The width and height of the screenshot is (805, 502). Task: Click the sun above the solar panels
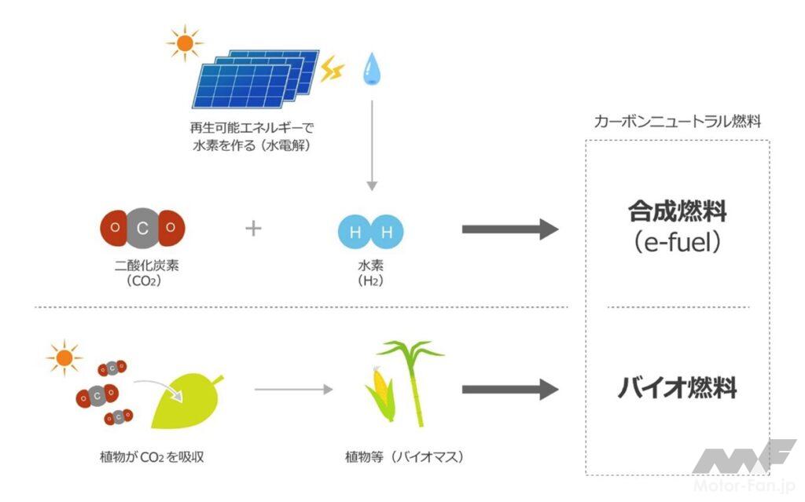(x=185, y=43)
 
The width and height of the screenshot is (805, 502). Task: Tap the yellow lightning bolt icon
(x=333, y=69)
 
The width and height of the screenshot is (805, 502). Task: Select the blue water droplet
(x=372, y=69)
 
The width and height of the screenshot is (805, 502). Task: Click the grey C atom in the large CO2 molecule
(x=143, y=228)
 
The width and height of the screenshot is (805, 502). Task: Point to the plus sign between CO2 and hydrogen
(x=253, y=229)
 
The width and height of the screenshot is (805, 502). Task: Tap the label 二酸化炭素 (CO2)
(x=145, y=273)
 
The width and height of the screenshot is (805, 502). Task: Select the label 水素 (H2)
(x=371, y=273)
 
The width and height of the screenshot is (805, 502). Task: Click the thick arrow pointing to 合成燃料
(x=510, y=229)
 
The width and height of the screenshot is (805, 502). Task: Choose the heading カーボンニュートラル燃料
(x=677, y=122)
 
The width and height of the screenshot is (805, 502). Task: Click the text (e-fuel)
(x=677, y=242)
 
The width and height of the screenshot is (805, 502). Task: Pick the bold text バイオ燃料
(x=677, y=387)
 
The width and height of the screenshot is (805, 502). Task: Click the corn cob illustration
(x=380, y=394)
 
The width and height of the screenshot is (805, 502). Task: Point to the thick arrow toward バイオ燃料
(x=510, y=390)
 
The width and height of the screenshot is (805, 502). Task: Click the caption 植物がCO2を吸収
(x=152, y=457)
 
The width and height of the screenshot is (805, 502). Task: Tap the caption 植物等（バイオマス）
(x=405, y=456)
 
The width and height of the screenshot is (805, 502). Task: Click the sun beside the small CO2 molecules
(x=64, y=357)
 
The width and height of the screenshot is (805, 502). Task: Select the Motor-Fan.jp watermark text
(x=744, y=486)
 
